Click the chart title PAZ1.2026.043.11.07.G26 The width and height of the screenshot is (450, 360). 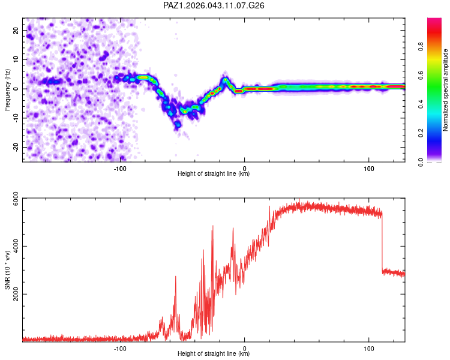pyautogui.click(x=214, y=5)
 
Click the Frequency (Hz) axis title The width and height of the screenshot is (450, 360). pyautogui.click(x=7, y=89)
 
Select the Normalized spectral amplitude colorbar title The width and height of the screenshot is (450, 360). pyautogui.click(x=446, y=90)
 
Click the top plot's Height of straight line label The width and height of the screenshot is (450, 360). pyautogui.click(x=214, y=174)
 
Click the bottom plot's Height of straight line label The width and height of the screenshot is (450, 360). pyautogui.click(x=214, y=354)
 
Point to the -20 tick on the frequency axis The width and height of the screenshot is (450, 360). pyautogui.click(x=14, y=147)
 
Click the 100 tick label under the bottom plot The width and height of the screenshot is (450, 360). pyautogui.click(x=368, y=348)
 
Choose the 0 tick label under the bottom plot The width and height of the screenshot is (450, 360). pyautogui.click(x=244, y=348)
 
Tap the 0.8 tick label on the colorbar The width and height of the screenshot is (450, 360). pyautogui.click(x=422, y=47)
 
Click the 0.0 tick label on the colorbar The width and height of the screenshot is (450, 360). pyautogui.click(x=422, y=161)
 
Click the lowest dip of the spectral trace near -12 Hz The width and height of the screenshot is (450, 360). pyautogui.click(x=178, y=125)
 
